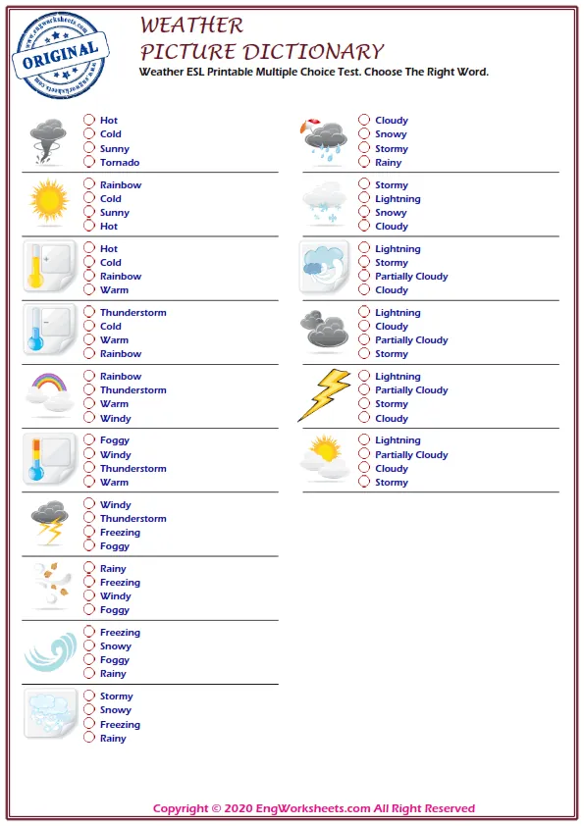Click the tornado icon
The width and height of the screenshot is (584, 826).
48,141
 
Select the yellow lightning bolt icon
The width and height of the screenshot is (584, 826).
324,394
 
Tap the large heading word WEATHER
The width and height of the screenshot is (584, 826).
191,25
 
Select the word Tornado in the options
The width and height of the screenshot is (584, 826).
120,163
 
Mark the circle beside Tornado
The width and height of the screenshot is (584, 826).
89,162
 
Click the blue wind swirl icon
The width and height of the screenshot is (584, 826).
49,651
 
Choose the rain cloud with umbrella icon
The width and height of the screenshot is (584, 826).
325,140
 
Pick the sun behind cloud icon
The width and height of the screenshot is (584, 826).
325,458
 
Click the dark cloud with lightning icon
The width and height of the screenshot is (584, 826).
49,522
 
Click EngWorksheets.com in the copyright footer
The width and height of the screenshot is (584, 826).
300,808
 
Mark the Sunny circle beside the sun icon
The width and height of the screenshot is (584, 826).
89,212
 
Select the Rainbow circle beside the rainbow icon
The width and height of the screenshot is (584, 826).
89,376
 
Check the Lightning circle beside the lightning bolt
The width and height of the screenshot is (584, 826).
364,376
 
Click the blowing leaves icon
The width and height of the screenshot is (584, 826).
49,586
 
